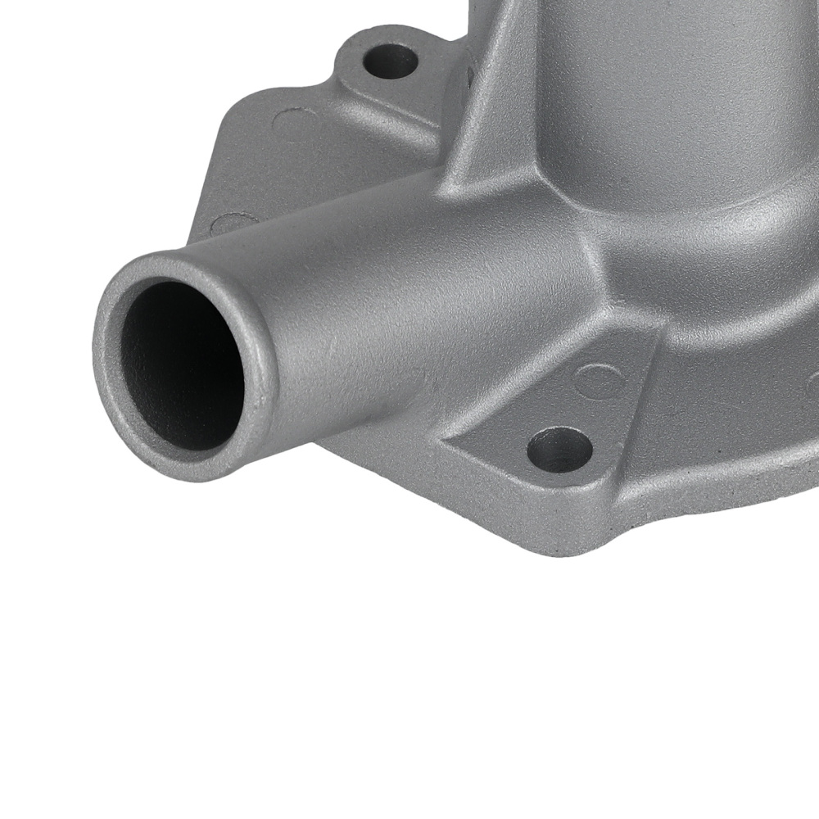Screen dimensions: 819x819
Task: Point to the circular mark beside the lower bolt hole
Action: pyautogui.click(x=595, y=379)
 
